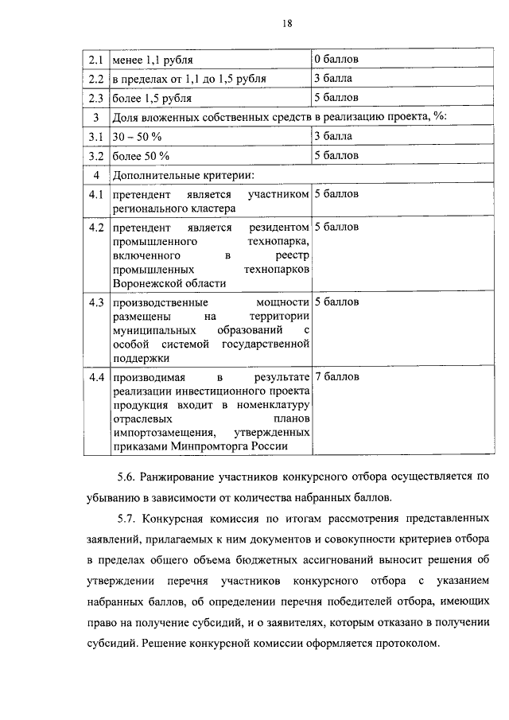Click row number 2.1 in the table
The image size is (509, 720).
pos(96,60)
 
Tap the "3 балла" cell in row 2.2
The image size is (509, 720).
pos(333,79)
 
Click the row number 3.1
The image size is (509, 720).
pos(96,137)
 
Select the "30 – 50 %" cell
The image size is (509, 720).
pos(138,137)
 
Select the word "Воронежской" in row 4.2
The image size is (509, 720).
pos(145,282)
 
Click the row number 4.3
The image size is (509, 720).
pos(97,302)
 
